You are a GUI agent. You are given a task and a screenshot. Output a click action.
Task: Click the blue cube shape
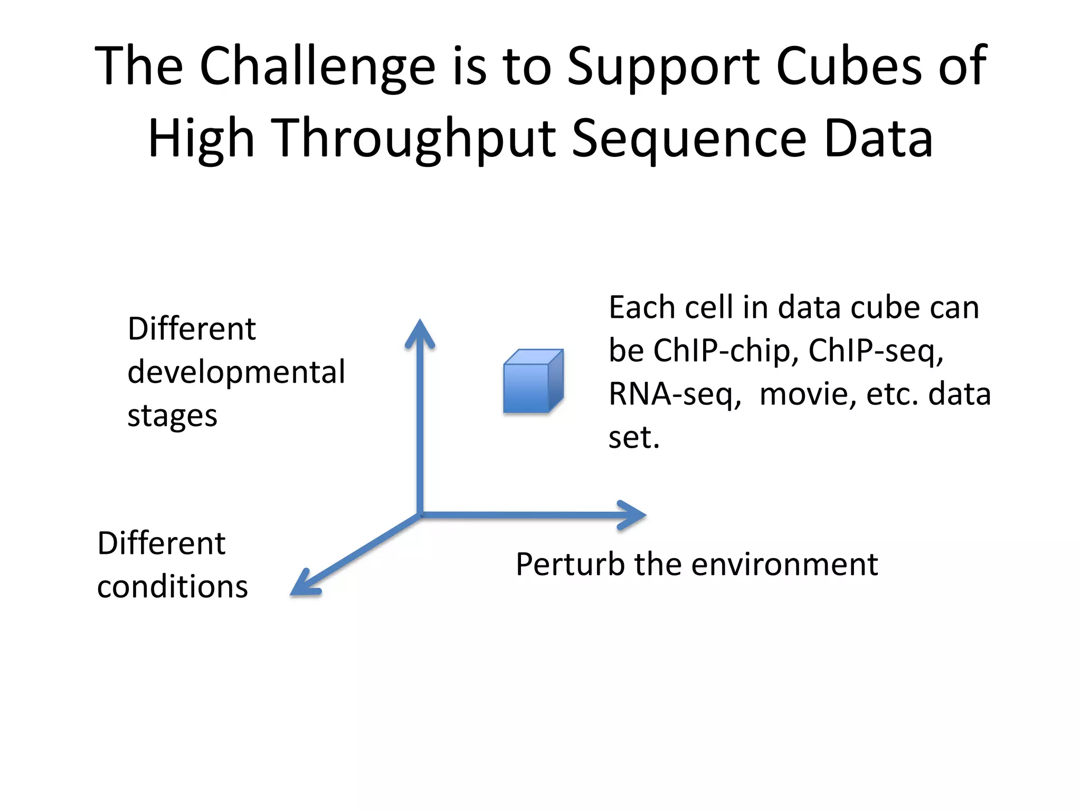(x=533, y=382)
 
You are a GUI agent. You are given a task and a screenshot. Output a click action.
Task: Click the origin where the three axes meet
(x=421, y=515)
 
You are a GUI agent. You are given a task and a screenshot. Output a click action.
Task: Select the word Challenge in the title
(x=317, y=66)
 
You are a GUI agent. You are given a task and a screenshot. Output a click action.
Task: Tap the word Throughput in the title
(x=415, y=138)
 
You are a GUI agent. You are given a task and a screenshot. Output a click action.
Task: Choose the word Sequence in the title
(x=689, y=138)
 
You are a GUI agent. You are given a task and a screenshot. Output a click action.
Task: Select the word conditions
(x=172, y=587)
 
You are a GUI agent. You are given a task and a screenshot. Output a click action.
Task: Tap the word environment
(x=784, y=564)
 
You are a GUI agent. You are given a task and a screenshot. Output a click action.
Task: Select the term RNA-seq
(x=674, y=394)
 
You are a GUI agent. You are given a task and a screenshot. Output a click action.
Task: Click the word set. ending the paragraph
(x=633, y=438)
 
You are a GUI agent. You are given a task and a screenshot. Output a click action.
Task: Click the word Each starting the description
(x=642, y=307)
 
